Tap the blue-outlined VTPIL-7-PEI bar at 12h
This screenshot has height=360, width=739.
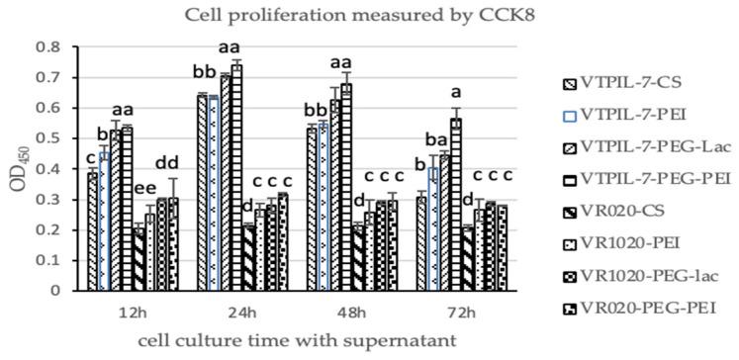(x=104, y=222)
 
